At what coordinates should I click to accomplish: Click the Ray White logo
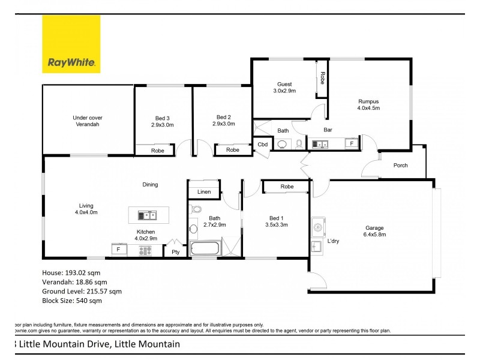(x=71, y=44)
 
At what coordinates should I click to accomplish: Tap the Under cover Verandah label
(x=86, y=121)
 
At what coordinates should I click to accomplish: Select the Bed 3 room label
(x=162, y=121)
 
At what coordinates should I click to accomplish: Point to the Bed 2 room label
(x=222, y=121)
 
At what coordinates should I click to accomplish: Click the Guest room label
(x=284, y=88)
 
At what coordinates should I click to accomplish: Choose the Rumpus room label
(x=368, y=105)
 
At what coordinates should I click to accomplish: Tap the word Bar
(x=328, y=130)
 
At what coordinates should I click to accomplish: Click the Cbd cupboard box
(x=263, y=145)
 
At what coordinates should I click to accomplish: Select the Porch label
(x=400, y=166)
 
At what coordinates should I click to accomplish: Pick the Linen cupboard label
(x=203, y=192)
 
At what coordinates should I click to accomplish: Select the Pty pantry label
(x=176, y=253)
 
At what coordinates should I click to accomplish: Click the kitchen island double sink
(x=147, y=215)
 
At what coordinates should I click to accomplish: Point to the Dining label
(x=150, y=185)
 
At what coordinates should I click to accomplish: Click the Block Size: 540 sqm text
(x=72, y=300)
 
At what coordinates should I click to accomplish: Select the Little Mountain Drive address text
(x=99, y=345)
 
